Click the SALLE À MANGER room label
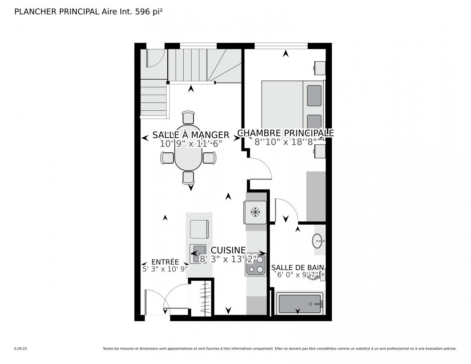coord(191,135)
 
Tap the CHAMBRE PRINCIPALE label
coord(286,133)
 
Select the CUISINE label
coord(228,250)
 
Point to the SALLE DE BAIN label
coord(298,268)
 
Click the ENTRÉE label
coord(165,262)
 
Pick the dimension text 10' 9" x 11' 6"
coord(191,143)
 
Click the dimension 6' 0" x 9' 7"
coord(298,275)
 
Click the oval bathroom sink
coord(319,241)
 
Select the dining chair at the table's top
coord(188,117)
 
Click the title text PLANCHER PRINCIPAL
coord(56,12)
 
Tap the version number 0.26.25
coord(20,348)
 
